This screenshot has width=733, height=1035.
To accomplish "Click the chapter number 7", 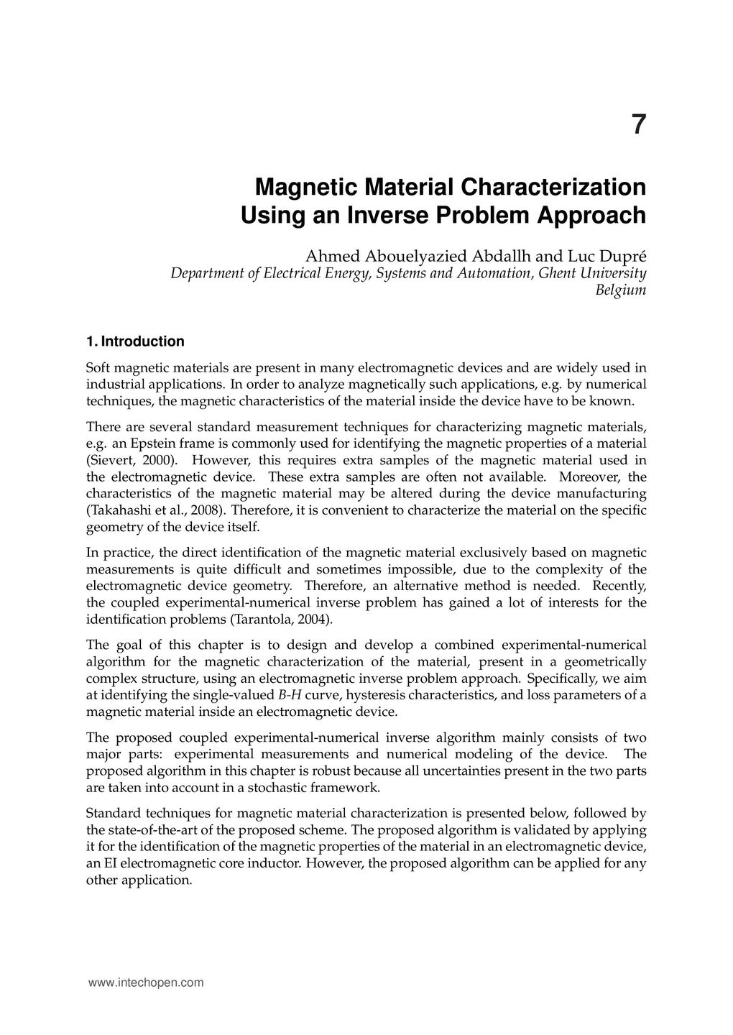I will pos(638,125).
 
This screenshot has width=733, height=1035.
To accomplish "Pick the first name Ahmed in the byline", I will pos(333,256).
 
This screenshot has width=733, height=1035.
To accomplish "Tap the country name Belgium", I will pos(621,290).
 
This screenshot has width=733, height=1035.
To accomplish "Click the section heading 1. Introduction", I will pos(135,341).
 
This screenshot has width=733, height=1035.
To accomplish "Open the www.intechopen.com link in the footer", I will pos(145,983).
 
